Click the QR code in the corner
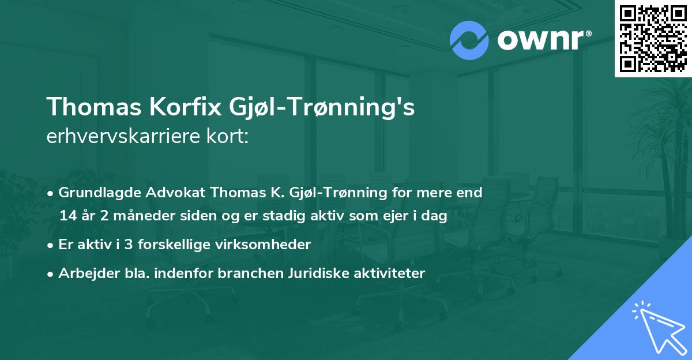point(653,38)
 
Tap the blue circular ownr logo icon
point(469,40)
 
